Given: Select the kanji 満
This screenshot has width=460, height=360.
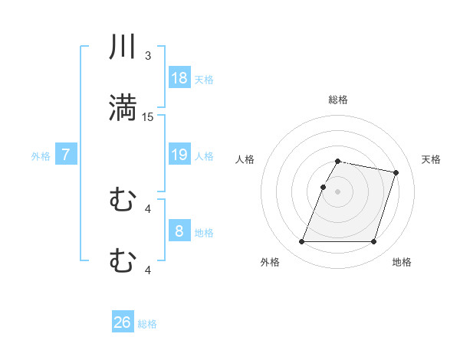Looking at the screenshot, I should pyautogui.click(x=123, y=108).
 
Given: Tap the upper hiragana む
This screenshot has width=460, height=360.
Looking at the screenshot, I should pyautogui.click(x=123, y=201).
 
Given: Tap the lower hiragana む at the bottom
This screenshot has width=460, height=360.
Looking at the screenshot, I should pyautogui.click(x=123, y=261).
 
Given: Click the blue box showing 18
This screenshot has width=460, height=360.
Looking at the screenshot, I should pyautogui.click(x=179, y=77).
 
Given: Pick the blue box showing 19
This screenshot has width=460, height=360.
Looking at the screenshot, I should pyautogui.click(x=179, y=155).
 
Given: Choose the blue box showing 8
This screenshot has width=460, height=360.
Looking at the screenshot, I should pyautogui.click(x=179, y=231).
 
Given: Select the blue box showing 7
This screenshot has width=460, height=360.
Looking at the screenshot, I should pyautogui.click(x=66, y=155).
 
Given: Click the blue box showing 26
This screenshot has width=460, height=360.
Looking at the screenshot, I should pyautogui.click(x=123, y=322).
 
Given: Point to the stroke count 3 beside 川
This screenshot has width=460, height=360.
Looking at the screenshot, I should pyautogui.click(x=148, y=56).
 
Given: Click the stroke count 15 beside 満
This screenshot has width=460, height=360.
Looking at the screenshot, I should pyautogui.click(x=148, y=116).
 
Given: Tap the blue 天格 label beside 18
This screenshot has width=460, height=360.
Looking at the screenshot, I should pyautogui.click(x=204, y=79).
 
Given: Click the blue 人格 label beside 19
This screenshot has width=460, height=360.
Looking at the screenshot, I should pyautogui.click(x=204, y=156).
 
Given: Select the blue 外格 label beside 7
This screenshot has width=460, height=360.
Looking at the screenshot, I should pyautogui.click(x=41, y=156).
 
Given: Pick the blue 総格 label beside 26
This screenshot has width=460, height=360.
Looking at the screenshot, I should pyautogui.click(x=147, y=324).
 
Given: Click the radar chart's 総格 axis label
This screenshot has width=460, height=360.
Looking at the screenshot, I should pyautogui.click(x=338, y=100).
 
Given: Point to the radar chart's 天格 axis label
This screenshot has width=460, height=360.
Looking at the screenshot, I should pyautogui.click(x=432, y=159).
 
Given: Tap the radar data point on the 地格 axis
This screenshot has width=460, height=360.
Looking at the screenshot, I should pyautogui.click(x=373, y=242).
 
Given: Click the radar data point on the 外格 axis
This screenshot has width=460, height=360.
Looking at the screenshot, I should pyautogui.click(x=302, y=242).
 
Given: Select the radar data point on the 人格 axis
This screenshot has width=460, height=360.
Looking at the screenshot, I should pyautogui.click(x=324, y=187).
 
